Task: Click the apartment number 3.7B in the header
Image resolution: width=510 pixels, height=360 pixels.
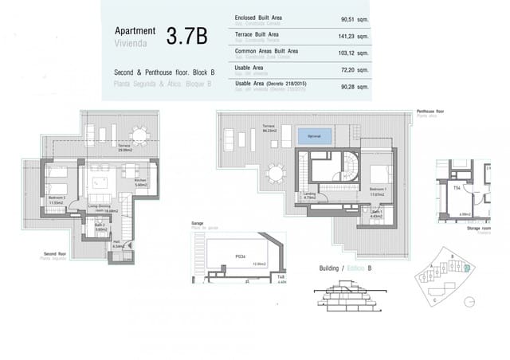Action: tap(186, 35)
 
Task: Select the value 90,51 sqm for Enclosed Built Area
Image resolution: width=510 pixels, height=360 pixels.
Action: tap(351, 19)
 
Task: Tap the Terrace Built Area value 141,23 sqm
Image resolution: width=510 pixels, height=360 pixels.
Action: tap(351, 36)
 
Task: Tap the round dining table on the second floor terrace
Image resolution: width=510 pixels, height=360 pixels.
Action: tap(140, 133)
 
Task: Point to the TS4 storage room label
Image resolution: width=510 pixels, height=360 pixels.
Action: tap(458, 188)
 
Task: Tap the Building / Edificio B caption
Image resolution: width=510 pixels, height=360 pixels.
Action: tap(345, 268)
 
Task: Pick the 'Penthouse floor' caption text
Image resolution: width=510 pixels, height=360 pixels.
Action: tap(430, 112)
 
